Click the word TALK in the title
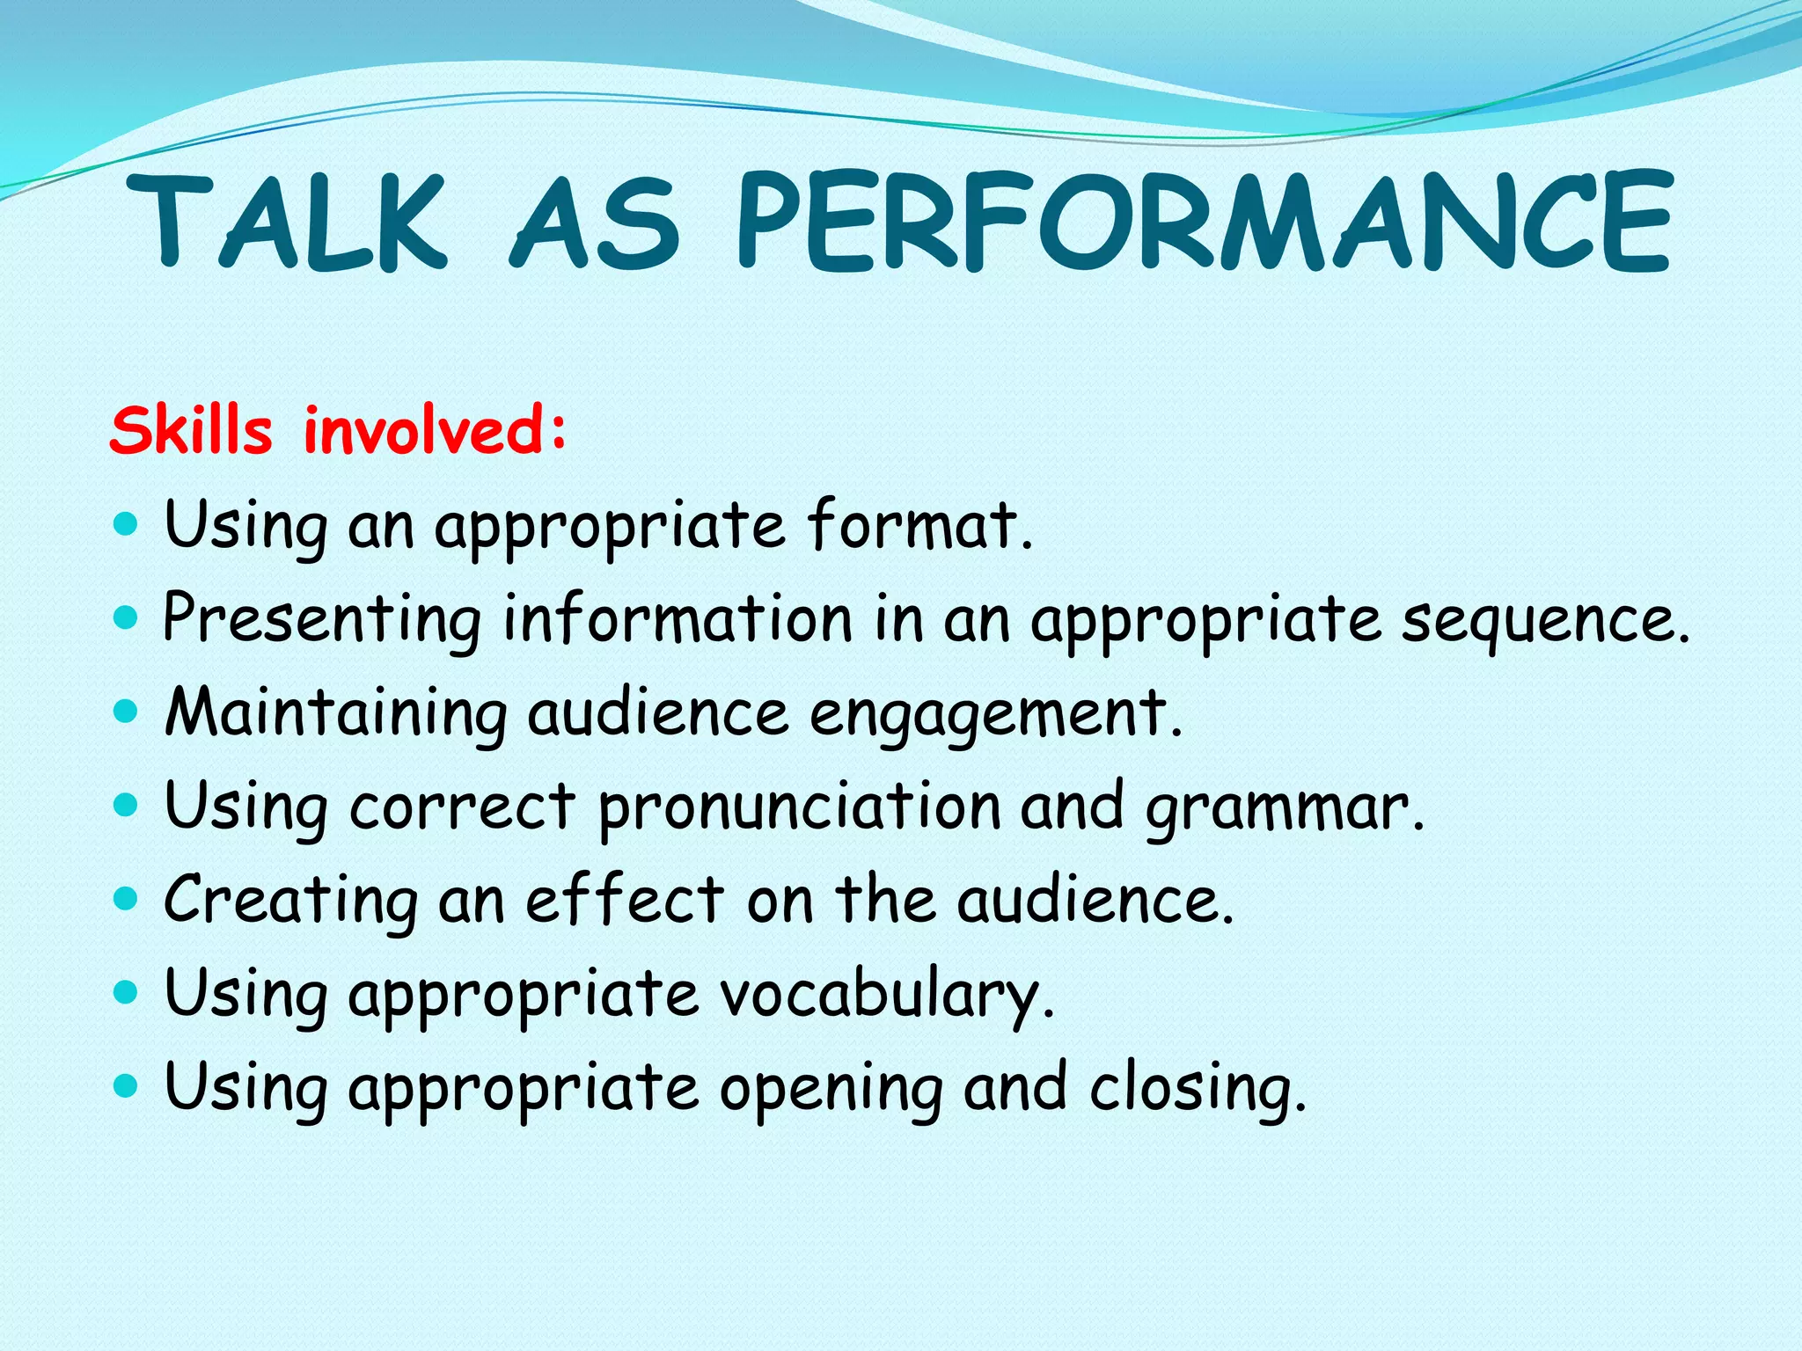pyautogui.click(x=286, y=222)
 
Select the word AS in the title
pyautogui.click(x=595, y=222)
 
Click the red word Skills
pyautogui.click(x=191, y=431)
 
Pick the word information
pyautogui.click(x=678, y=618)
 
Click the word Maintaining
pyautogui.click(x=336, y=713)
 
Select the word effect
pyautogui.click(x=625, y=901)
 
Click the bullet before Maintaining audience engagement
pyautogui.click(x=127, y=710)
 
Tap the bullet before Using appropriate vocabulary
pyautogui.click(x=127, y=992)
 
